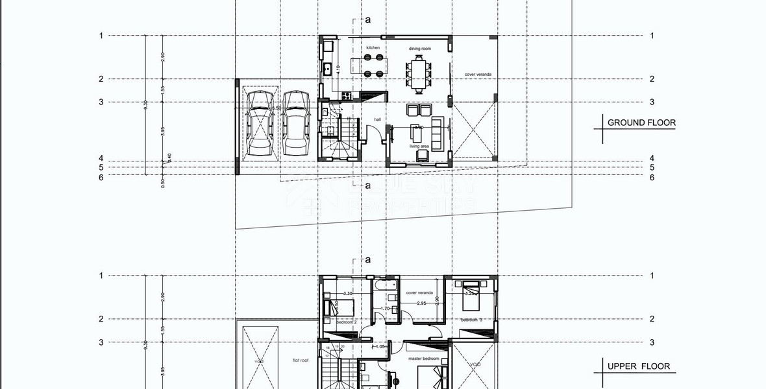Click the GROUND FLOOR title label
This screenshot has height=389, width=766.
(x=641, y=123)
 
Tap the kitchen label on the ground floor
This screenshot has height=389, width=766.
(x=373, y=48)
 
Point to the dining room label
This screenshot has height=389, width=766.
(x=419, y=49)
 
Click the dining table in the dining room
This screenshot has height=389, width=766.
(x=419, y=70)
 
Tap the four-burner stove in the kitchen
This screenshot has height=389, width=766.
(x=347, y=96)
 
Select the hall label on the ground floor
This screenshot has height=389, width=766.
(x=377, y=119)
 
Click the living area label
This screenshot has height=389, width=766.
(x=419, y=147)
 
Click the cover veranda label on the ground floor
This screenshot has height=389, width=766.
(x=478, y=75)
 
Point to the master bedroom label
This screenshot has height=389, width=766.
(x=423, y=359)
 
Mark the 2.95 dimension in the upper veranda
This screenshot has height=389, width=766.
(x=421, y=303)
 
